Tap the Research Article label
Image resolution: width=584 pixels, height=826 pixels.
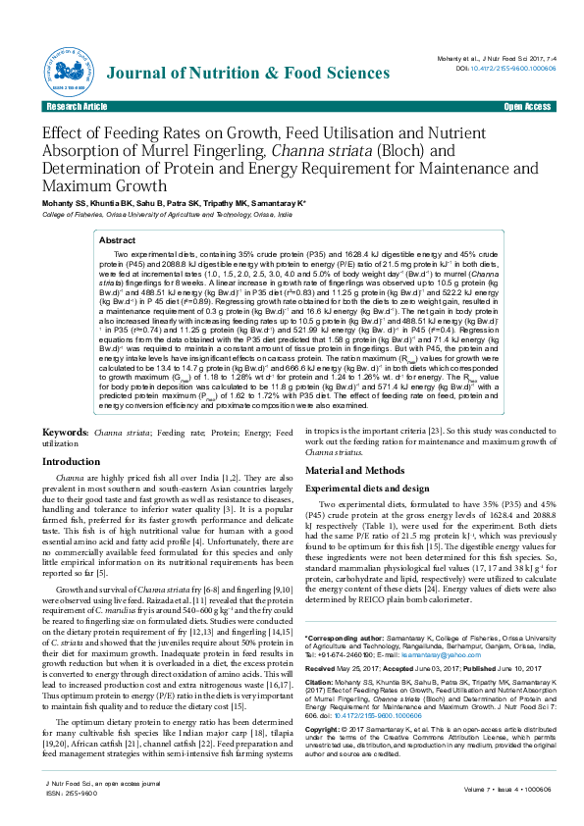pos(77,106)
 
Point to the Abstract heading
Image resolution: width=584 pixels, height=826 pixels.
pos(118,239)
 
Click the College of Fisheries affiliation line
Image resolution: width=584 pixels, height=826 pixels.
pos(167,213)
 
